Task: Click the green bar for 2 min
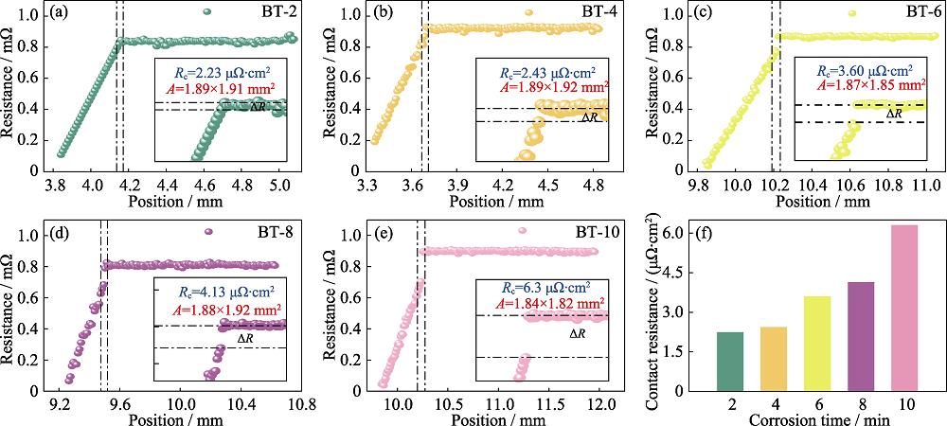point(730,361)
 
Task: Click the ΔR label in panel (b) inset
point(588,116)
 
